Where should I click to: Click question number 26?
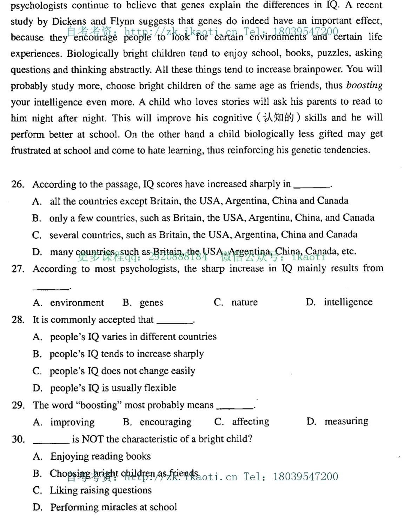point(18,184)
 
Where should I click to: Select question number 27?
point(18,269)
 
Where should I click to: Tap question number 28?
point(18,320)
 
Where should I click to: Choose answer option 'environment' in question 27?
point(77,303)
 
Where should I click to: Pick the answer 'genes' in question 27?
point(151,303)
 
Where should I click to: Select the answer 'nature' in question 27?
point(244,302)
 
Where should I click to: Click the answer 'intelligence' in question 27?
point(348,302)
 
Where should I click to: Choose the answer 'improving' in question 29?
point(72,422)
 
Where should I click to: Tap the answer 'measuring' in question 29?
point(346,421)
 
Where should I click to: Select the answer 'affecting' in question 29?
point(250,421)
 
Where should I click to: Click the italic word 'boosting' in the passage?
point(364,85)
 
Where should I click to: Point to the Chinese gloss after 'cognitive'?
point(278,118)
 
